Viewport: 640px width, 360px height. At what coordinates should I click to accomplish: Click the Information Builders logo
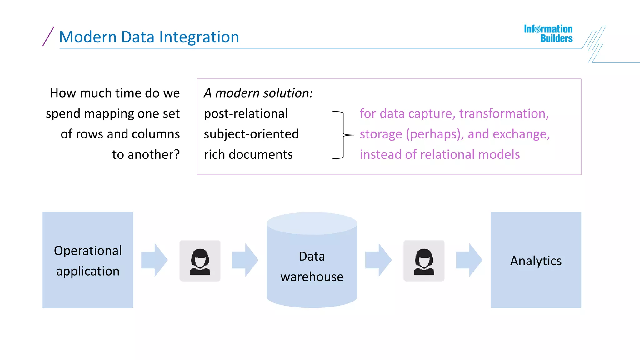pos(548,33)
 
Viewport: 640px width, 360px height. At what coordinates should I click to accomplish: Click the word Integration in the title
pos(199,37)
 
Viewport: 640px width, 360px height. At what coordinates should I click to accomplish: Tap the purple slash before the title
pos(48,37)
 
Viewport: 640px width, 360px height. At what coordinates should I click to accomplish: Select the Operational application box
pos(88,260)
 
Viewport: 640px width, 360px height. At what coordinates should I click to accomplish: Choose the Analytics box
pos(536,260)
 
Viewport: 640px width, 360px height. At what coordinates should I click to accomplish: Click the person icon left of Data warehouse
pos(200,261)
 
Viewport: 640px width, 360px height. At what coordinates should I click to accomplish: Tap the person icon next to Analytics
pos(424,261)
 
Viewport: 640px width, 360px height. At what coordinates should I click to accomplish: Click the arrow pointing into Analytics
pos(469,260)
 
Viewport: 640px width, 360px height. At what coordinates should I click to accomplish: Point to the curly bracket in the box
pos(343,135)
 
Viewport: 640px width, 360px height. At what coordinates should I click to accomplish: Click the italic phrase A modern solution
pos(258,93)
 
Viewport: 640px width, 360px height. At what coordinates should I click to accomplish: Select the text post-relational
pos(246,113)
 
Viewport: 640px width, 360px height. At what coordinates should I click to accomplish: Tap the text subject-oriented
pos(251,134)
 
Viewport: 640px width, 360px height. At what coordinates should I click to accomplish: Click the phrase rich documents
pos(248,154)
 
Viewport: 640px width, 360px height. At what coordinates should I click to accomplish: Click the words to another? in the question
pos(146,154)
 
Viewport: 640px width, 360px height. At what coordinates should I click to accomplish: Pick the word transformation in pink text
pos(504,113)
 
